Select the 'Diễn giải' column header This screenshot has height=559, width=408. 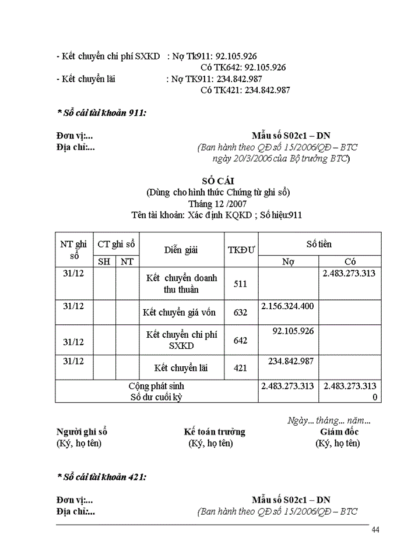coord(181,250)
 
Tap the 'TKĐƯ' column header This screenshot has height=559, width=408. coord(241,250)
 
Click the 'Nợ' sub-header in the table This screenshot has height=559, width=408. coord(288,261)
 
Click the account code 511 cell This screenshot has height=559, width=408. coord(240,284)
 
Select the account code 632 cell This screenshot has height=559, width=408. coord(240,313)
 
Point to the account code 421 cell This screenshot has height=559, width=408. coord(240,368)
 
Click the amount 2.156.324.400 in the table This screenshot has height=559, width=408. coord(288,306)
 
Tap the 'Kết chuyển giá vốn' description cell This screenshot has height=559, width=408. coord(180,313)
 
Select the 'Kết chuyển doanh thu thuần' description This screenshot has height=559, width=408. coord(181,284)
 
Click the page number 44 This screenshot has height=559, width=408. coord(375,529)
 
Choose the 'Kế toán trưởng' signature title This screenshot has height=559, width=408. coord(214,431)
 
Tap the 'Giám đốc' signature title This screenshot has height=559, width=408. coord(339,431)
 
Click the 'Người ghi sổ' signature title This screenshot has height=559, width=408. coord(82,431)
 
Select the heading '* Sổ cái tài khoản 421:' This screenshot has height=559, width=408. coord(101,477)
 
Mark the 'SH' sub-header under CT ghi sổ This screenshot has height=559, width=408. coord(104,261)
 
